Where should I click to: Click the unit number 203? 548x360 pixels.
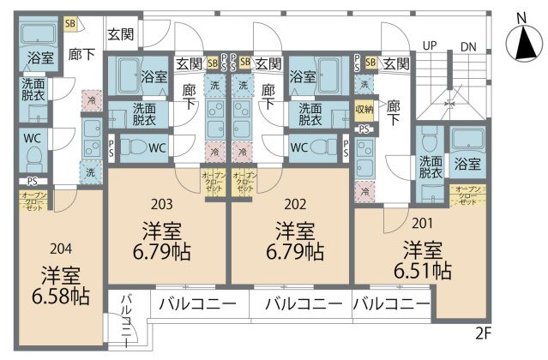(x=162, y=204)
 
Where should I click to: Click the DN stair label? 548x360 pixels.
(x=468, y=46)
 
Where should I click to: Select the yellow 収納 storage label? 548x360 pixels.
(x=364, y=109)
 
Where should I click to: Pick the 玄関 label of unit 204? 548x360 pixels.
(x=119, y=35)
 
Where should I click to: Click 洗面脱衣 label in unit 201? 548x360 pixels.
(x=431, y=166)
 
